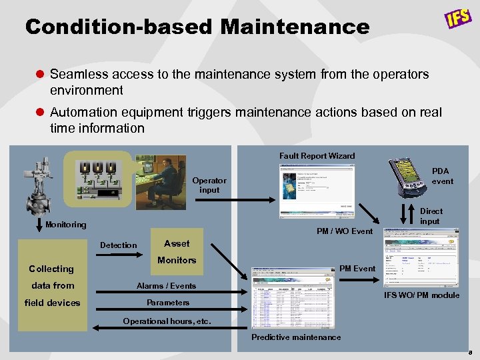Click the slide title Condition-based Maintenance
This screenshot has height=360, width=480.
pyautogui.click(x=197, y=27)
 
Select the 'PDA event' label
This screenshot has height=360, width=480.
pyautogui.click(x=442, y=176)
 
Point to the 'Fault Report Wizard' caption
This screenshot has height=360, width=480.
pyautogui.click(x=317, y=156)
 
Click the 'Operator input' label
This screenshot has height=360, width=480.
pyautogui.click(x=209, y=185)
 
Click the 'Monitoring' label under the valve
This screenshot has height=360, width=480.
pyautogui.click(x=65, y=225)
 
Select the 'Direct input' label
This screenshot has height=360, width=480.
pyautogui.click(x=431, y=216)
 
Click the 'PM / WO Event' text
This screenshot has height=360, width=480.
pyautogui.click(x=345, y=231)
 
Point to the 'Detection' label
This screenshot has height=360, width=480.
pyautogui.click(x=118, y=245)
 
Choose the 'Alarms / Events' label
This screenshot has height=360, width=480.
pyautogui.click(x=166, y=285)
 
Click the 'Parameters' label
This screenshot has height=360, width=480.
pyautogui.click(x=168, y=302)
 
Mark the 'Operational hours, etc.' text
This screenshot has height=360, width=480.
pyautogui.click(x=167, y=321)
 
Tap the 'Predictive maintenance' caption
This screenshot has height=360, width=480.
pyautogui.click(x=296, y=337)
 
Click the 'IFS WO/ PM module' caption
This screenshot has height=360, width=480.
pyautogui.click(x=422, y=295)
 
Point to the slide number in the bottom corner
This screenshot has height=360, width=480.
pyautogui.click(x=469, y=351)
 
